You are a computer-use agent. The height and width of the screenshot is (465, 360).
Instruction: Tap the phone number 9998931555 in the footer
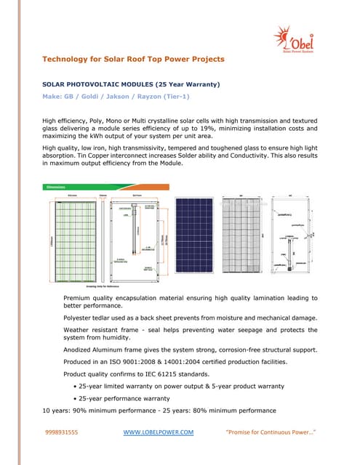pos(62,432)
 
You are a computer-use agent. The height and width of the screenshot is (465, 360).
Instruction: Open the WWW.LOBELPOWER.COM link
pos(158,432)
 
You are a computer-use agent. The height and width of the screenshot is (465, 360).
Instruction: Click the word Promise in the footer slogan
pos(244,432)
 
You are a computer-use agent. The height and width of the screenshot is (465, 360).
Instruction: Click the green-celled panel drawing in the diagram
pos(68,237)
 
